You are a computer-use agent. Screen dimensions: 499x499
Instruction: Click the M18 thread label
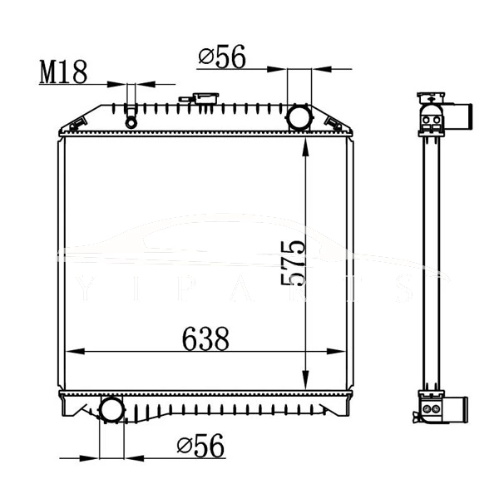coord(63,73)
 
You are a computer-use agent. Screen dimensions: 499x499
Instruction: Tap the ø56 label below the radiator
coord(200,447)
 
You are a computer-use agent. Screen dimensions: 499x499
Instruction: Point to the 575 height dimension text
coord(293,263)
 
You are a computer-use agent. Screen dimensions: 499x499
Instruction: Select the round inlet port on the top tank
coord(298,117)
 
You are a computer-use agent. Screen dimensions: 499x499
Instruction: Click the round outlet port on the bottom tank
coord(111,409)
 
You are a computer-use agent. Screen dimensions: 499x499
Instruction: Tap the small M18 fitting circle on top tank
coord(131,122)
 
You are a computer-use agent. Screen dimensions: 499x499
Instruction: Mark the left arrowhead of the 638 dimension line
coord(70,353)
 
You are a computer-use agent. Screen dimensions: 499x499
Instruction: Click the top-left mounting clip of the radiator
coord(77,126)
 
